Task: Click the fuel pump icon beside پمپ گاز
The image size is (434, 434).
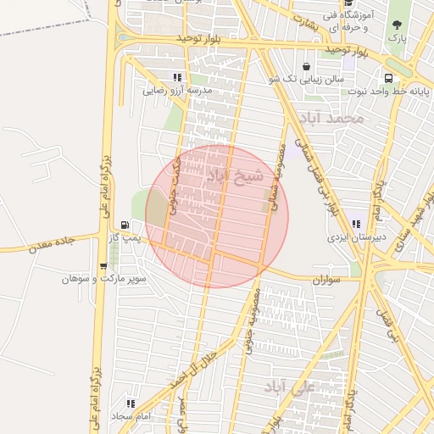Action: [x=125, y=225]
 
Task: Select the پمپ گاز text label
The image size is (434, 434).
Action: [x=123, y=240]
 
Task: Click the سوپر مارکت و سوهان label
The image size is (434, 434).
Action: [x=104, y=277]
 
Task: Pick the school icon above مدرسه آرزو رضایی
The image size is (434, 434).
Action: [x=177, y=77]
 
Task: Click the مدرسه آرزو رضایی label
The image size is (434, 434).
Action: [x=177, y=90]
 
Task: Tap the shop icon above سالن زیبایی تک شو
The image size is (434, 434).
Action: [x=306, y=66]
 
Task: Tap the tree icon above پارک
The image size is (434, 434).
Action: [x=397, y=25]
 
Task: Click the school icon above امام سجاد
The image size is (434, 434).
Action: [x=130, y=403]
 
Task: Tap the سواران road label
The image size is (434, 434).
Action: [x=325, y=278]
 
